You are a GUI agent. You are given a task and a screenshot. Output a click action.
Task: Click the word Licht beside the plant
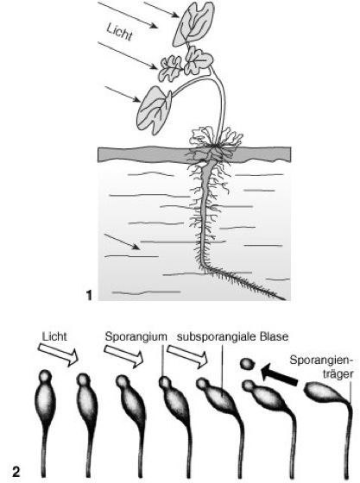tap(120, 32)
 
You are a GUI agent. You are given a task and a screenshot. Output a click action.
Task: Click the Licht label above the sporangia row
tap(54, 336)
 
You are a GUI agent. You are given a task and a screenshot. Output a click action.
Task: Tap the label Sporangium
tap(136, 336)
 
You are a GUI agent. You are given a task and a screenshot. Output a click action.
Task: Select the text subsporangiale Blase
tap(233, 336)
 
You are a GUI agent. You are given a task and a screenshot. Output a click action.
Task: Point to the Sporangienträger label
tap(321, 367)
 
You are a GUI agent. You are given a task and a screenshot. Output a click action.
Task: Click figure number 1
tap(89, 295)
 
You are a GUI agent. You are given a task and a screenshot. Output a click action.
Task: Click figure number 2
tap(16, 472)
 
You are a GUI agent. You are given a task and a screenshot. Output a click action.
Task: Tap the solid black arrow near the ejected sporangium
tap(279, 374)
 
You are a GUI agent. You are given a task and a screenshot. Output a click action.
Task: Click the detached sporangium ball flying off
tap(248, 364)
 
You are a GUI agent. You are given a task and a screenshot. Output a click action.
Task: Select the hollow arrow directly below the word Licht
tap(58, 354)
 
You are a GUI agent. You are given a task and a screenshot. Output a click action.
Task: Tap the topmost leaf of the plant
tap(193, 24)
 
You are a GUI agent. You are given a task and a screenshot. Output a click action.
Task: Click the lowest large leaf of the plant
tap(155, 110)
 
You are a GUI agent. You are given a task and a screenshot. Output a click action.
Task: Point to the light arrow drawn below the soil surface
tap(121, 241)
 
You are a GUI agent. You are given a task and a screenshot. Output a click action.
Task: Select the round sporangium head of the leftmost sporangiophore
tap(45, 376)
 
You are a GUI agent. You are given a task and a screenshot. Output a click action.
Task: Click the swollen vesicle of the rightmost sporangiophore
tap(323, 392)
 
